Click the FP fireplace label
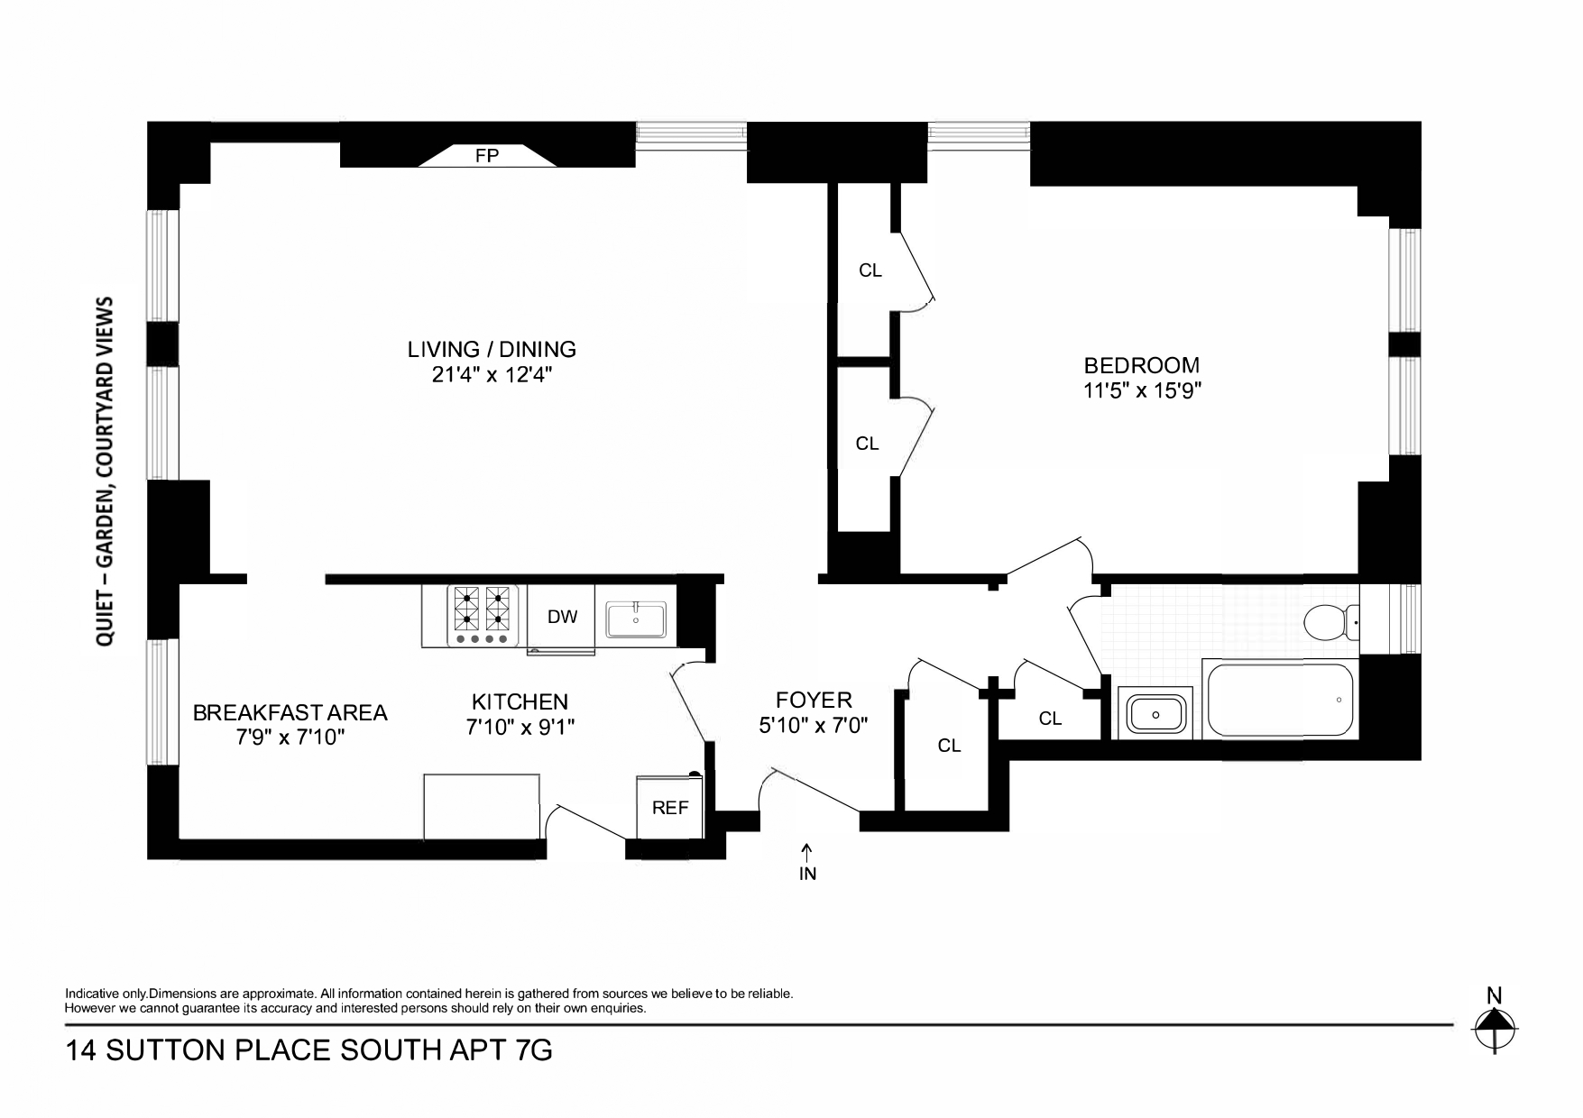tap(487, 156)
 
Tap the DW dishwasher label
tap(562, 618)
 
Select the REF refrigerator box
tap(670, 807)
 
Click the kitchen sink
tap(636, 620)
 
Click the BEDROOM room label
tap(1141, 365)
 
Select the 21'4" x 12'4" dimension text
tap(492, 375)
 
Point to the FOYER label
tap(814, 700)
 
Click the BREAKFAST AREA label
tap(290, 712)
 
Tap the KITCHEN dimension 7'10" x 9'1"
tap(520, 727)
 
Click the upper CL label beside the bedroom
tap(870, 270)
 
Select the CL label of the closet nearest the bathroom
tap(1050, 719)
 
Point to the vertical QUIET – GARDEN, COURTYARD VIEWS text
tap(106, 471)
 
